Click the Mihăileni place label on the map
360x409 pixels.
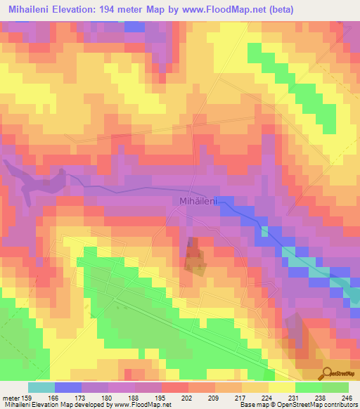click(x=196, y=201)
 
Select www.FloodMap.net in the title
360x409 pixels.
click(x=226, y=9)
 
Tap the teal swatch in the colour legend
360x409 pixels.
click(x=41, y=387)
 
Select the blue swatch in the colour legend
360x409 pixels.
click(x=68, y=387)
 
